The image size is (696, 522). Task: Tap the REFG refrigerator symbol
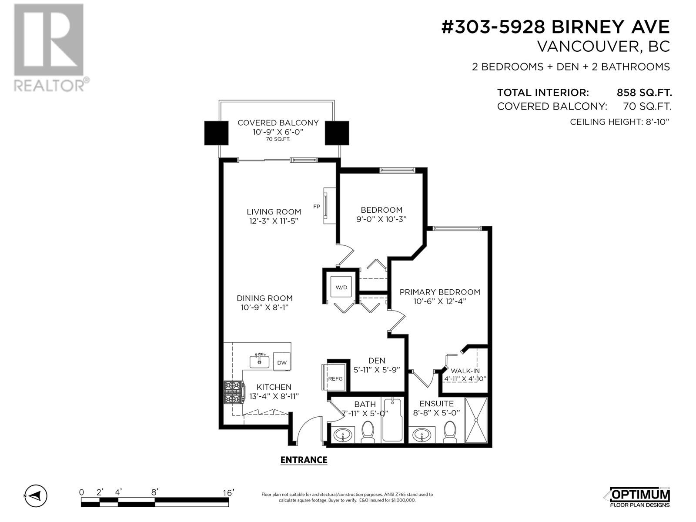[x=335, y=378]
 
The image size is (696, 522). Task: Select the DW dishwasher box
[x=282, y=362]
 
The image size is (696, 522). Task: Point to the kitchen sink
[x=259, y=361]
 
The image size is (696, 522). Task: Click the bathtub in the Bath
[x=393, y=420]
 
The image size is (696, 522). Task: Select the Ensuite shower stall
[x=476, y=420]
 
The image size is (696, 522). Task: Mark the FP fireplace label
[x=317, y=206]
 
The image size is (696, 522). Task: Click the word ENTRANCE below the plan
[x=304, y=460]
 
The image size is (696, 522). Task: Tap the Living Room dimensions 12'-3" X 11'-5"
[x=274, y=221]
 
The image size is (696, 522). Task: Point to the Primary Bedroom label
[x=440, y=292]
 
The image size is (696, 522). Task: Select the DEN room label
[x=377, y=360]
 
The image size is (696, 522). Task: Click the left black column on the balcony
[x=216, y=133]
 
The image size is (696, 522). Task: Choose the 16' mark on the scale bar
[x=228, y=492]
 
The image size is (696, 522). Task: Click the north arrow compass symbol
[x=36, y=495]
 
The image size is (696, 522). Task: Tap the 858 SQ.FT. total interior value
[x=644, y=92]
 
